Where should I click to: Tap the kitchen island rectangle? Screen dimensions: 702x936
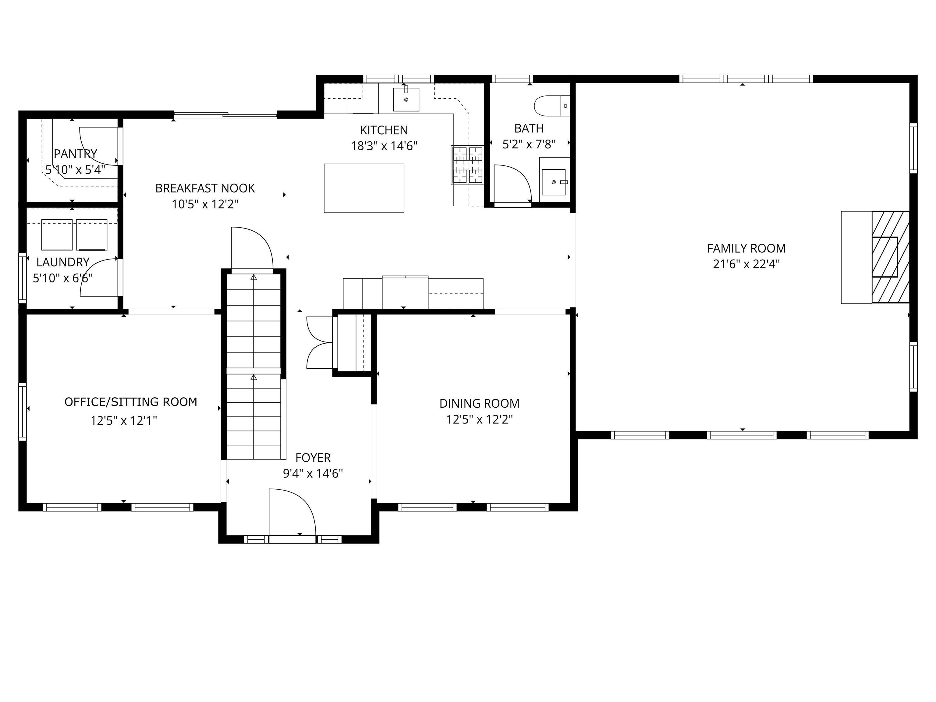(x=364, y=188)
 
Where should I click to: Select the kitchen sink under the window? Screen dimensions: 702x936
(x=406, y=99)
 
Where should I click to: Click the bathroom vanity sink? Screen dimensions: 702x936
(x=554, y=182)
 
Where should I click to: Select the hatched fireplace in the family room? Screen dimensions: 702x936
(x=890, y=257)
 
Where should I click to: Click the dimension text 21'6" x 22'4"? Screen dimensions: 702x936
(x=746, y=264)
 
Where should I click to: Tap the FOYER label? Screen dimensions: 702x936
(x=313, y=457)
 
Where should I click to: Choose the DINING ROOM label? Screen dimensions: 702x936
(x=479, y=403)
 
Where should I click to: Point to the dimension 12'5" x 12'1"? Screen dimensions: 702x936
(x=124, y=420)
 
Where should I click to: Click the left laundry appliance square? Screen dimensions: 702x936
(x=57, y=235)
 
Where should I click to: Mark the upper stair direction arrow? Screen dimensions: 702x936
(x=253, y=278)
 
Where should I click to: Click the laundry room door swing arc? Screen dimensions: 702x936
(x=99, y=278)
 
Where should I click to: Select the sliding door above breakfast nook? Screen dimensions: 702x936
(x=225, y=114)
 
